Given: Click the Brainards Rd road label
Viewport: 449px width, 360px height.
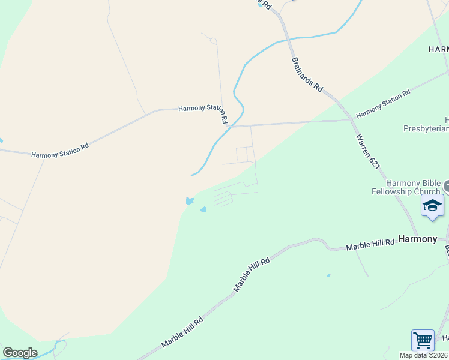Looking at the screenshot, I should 307,74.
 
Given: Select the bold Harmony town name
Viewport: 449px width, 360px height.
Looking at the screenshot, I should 418,239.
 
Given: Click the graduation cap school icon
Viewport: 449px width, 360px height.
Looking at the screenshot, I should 432,206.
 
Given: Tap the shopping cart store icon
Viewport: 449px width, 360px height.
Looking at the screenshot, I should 423,341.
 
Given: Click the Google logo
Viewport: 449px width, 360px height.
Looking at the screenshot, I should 20,353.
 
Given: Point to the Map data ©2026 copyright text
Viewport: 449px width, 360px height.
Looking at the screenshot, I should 424,355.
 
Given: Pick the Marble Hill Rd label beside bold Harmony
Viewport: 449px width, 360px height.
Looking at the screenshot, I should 370,244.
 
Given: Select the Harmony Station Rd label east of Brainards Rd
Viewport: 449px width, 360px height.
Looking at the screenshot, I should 383,104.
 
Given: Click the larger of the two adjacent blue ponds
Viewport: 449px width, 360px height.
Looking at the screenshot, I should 190,201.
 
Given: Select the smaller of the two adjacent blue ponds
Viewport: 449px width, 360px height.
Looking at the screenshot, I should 203,209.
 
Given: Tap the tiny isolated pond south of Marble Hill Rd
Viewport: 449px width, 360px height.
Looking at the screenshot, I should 328,275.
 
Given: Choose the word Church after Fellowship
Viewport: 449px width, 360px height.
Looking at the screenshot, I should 427,191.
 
